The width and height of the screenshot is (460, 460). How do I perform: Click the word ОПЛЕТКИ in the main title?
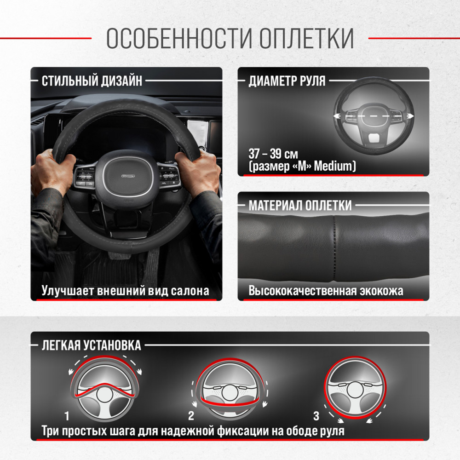[x=306, y=38]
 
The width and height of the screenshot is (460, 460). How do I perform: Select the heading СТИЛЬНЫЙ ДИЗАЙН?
[x=92, y=80]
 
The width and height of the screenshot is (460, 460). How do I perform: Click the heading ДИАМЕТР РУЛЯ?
[x=287, y=80]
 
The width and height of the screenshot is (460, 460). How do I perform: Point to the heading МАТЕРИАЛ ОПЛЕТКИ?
[x=300, y=205]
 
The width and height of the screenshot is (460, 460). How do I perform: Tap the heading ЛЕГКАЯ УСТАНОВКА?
[x=91, y=345]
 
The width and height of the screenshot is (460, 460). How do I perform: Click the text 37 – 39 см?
[x=273, y=154]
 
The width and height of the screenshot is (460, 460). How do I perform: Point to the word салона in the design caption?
[x=190, y=291]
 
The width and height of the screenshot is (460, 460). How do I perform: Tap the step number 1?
[x=67, y=416]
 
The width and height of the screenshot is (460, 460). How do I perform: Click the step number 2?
[x=191, y=416]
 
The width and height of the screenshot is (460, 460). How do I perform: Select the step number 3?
[x=316, y=416]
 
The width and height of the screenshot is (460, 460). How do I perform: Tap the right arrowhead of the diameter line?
[x=411, y=116]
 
